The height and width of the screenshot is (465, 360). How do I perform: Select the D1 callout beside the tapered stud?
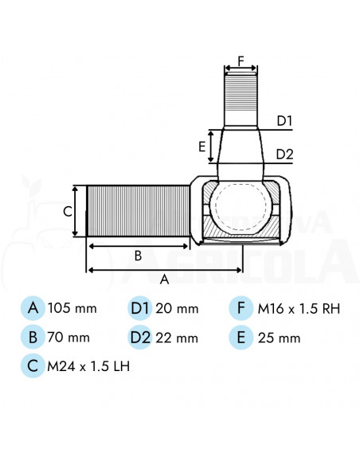284,121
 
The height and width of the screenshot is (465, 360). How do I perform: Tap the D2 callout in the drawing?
285,154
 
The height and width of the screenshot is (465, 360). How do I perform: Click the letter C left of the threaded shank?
68,211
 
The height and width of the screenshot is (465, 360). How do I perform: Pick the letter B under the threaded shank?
138,256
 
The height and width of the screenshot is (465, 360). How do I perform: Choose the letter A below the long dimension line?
165,279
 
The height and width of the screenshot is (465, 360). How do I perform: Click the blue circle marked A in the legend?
33,307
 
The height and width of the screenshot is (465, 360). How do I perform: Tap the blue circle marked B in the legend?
33,337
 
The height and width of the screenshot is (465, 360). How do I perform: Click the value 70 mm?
68,338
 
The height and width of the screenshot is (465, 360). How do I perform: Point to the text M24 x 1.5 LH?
88,366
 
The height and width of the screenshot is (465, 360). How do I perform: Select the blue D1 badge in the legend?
140,307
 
